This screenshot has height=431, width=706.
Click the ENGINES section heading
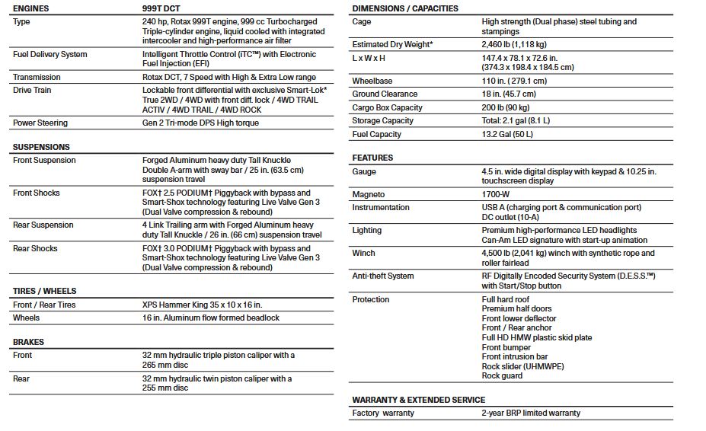click(x=31, y=8)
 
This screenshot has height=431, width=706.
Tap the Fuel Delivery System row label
click(x=50, y=55)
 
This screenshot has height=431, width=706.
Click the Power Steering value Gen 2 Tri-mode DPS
click(x=200, y=123)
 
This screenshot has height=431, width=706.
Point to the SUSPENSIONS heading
click(x=41, y=147)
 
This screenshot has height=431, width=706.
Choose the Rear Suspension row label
click(x=43, y=225)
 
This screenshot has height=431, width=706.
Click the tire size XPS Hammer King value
click(x=202, y=305)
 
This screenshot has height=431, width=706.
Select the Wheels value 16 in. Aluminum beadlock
click(x=211, y=318)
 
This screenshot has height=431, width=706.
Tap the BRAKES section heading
click(x=28, y=342)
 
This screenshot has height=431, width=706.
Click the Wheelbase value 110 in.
click(x=514, y=81)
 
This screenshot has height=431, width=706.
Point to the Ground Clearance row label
click(x=385, y=94)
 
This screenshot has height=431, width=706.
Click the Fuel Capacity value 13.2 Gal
click(x=507, y=134)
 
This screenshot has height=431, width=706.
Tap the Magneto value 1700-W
click(x=497, y=195)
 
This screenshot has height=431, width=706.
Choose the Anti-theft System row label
click(x=383, y=276)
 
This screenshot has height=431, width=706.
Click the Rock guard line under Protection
click(x=502, y=375)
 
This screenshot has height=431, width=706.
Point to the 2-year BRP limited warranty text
click(x=531, y=413)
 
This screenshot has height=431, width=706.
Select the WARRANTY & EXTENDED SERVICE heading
click(x=418, y=400)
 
